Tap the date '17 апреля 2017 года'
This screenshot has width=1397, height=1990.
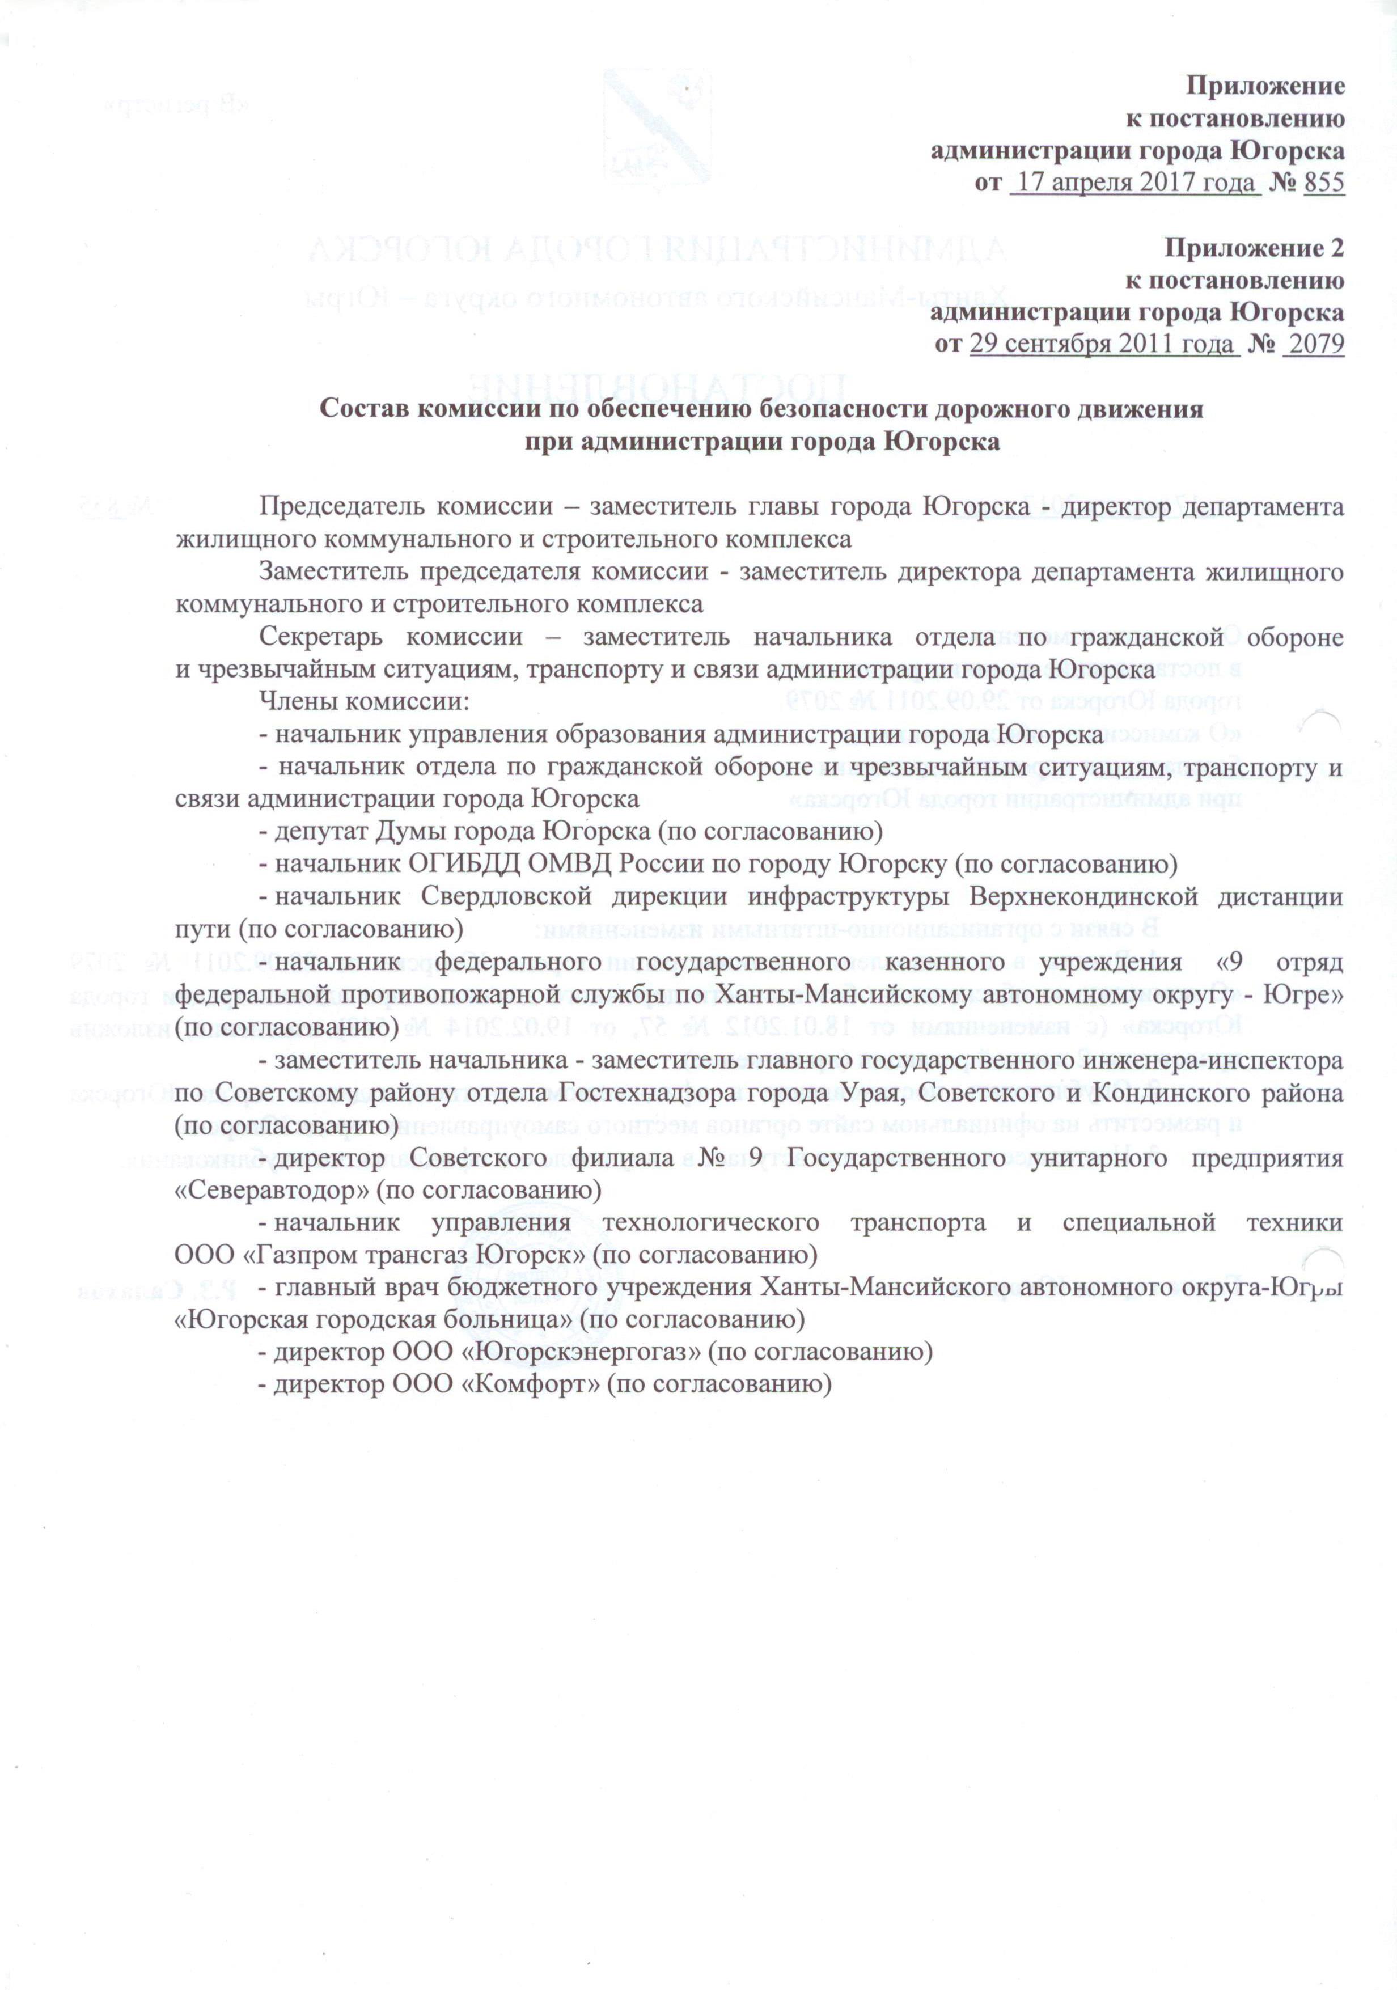[x=1135, y=183]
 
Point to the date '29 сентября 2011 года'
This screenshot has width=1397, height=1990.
[x=1102, y=344]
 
